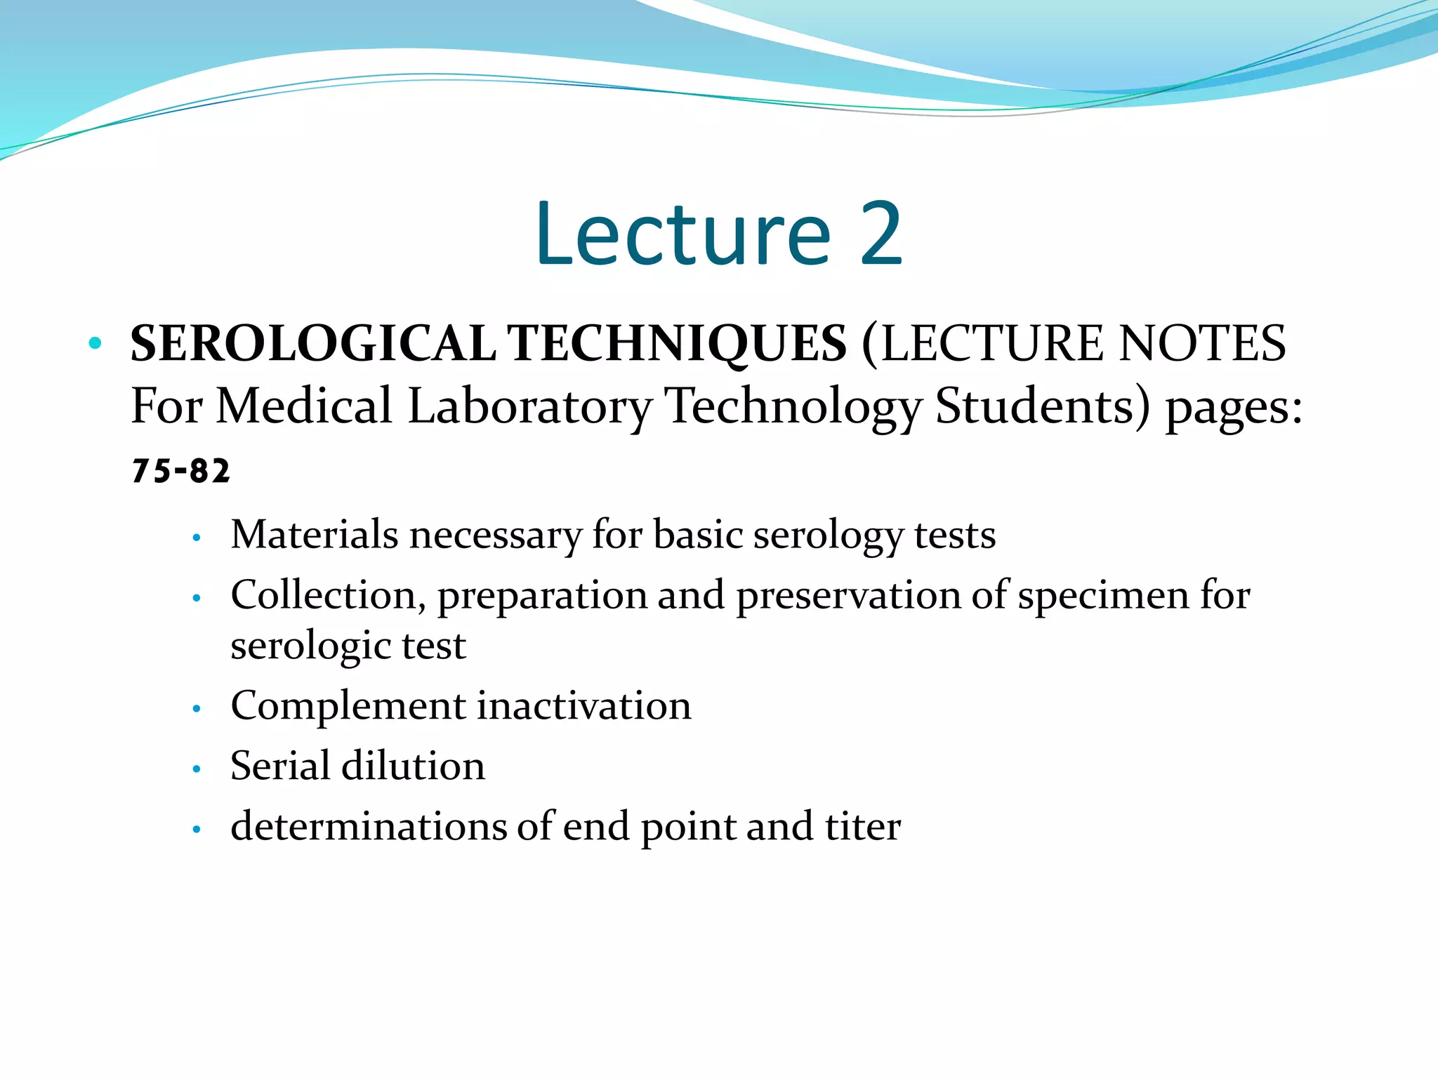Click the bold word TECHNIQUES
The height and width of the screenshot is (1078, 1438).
[677, 344]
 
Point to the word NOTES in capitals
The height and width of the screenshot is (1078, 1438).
[1201, 344]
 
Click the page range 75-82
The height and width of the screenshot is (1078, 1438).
[180, 471]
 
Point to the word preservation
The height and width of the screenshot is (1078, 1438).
[847, 597]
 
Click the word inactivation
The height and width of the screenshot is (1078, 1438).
[584, 705]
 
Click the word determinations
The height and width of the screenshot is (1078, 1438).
[368, 827]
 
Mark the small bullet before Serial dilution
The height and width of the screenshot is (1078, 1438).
[197, 769]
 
